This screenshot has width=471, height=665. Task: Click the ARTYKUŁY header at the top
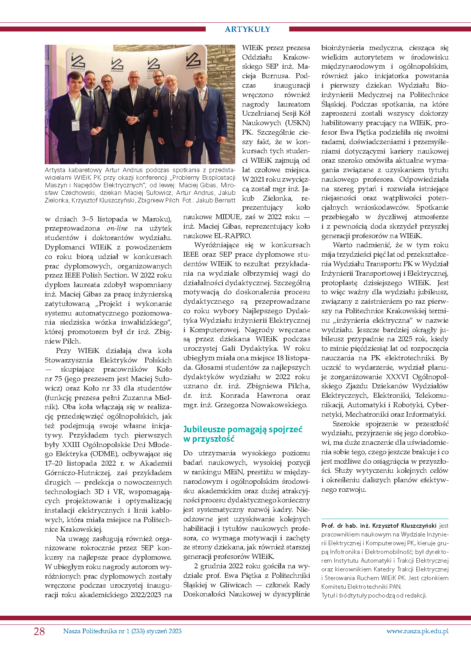[x=247, y=29]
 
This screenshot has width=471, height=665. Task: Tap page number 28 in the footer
[x=39, y=631]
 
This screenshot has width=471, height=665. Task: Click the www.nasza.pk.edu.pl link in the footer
[x=417, y=631]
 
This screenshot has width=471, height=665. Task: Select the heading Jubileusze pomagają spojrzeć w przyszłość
[x=243, y=434]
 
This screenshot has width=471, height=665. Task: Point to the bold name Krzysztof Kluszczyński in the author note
[x=404, y=526]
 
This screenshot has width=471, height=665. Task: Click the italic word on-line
[x=117, y=228]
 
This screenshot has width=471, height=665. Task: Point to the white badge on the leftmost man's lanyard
[x=75, y=125]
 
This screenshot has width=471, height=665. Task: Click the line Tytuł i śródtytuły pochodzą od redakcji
[x=374, y=595]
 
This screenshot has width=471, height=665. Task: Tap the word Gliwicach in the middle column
[x=236, y=585]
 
